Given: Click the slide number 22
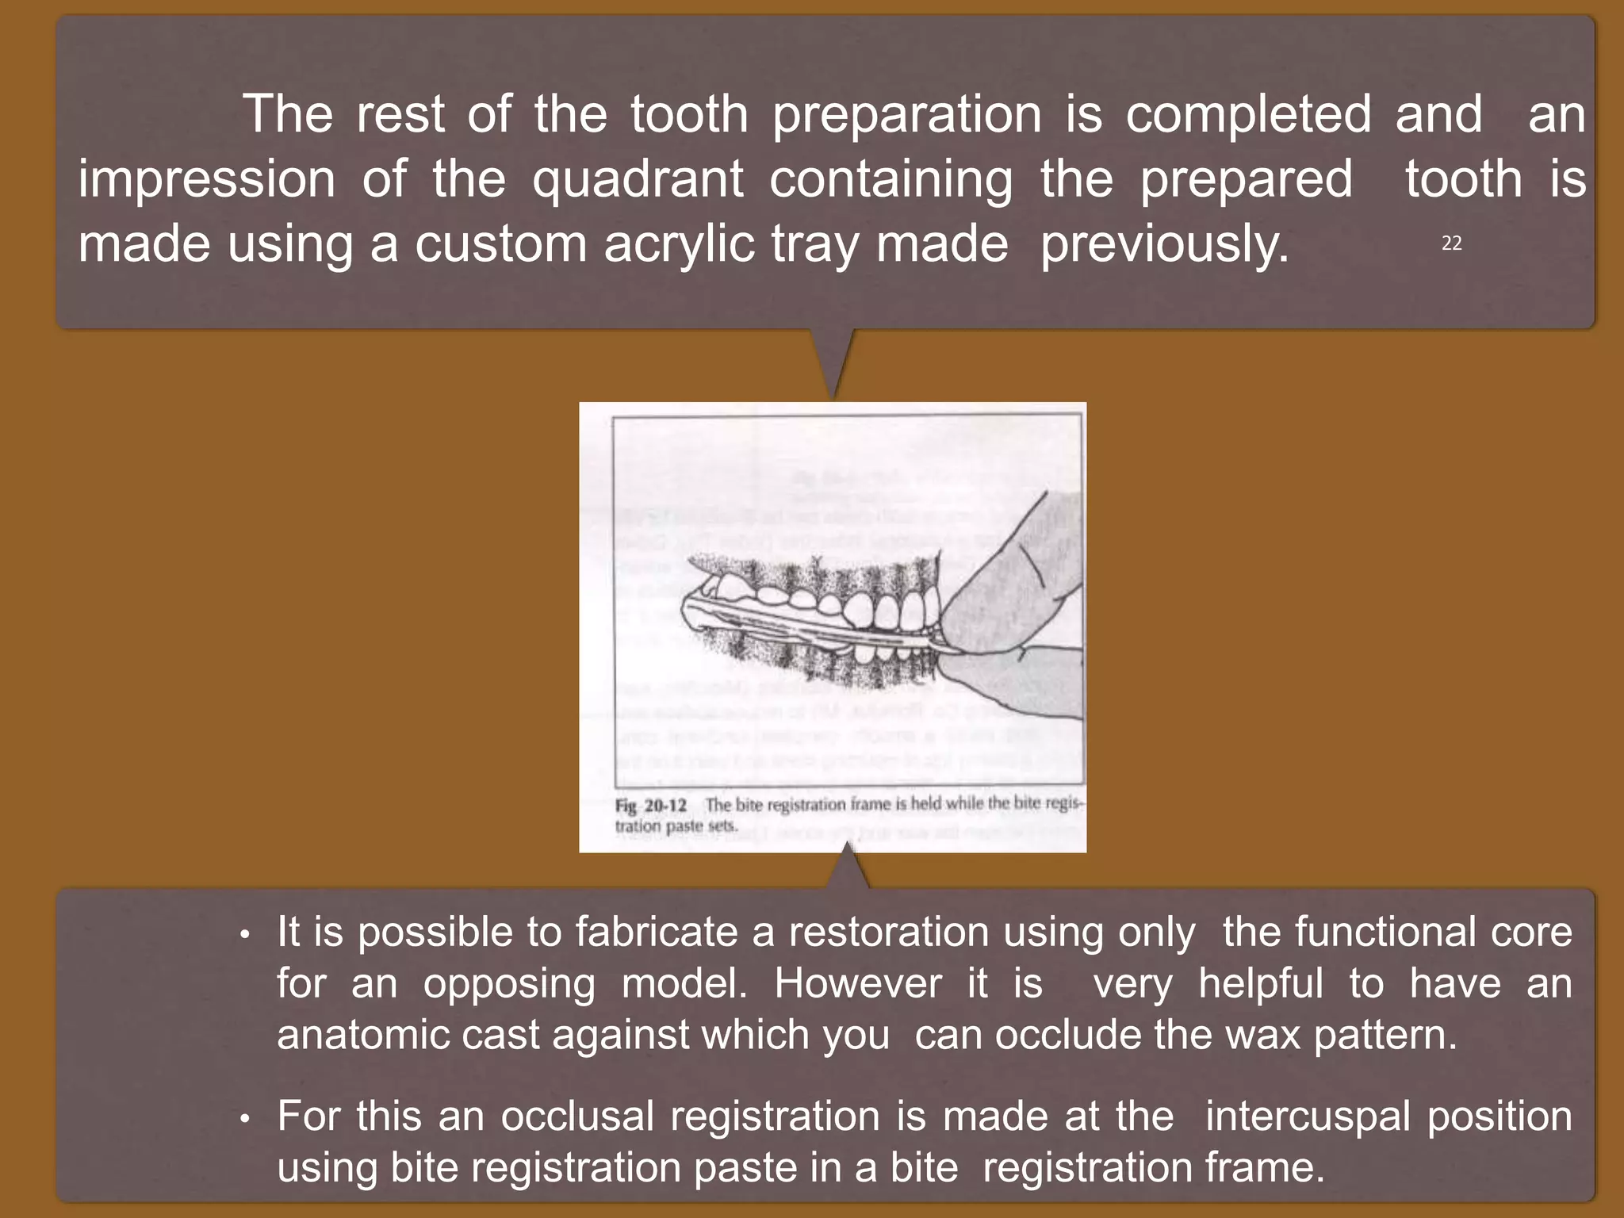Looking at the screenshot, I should (1451, 243).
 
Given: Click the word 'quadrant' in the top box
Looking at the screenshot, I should (638, 179).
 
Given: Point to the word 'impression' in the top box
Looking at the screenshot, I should (206, 179).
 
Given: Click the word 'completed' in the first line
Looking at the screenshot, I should (1248, 114).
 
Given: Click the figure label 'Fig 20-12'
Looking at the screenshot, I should (651, 806).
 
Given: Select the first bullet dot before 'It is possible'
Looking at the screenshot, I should (246, 936).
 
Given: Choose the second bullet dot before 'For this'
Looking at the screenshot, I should (246, 1120).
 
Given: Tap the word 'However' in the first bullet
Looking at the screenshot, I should (858, 984).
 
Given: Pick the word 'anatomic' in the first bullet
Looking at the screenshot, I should (362, 1036).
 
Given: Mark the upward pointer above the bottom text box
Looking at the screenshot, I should (848, 868).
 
